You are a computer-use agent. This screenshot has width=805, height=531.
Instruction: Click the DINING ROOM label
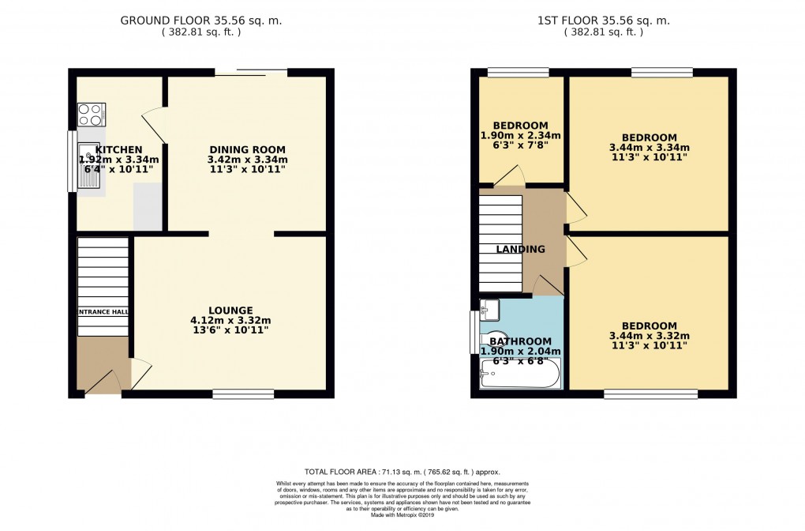coord(247,150)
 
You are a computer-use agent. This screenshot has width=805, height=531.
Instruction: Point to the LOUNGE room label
coord(230,311)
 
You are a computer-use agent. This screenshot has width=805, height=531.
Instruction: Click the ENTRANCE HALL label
coord(103,312)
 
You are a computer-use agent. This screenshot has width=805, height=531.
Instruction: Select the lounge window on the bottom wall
coord(243,394)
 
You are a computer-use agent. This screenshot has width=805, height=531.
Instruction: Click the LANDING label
coord(520,250)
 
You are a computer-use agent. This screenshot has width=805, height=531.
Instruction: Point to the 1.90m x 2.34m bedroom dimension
coord(520,137)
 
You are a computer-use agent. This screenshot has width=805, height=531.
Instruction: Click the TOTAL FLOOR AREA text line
coord(402,471)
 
